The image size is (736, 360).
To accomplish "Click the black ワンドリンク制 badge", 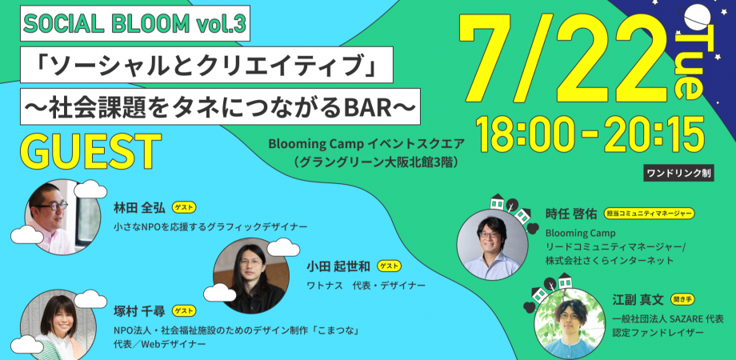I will [x=678, y=172].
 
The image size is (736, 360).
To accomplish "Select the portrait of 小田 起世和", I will [x=250, y=275].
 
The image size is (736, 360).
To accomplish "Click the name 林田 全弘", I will [x=139, y=207].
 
